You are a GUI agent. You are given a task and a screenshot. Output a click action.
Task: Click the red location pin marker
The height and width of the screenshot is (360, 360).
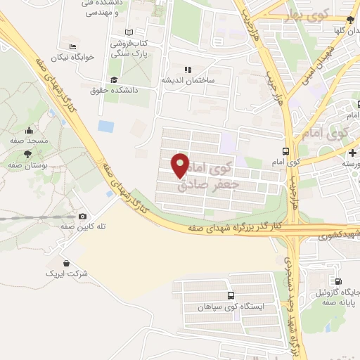click(x=181, y=165)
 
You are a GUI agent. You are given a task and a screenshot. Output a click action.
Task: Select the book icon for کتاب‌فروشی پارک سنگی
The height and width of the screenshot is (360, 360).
click(x=127, y=32)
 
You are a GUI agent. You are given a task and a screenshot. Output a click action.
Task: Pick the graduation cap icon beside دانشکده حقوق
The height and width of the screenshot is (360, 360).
click(x=114, y=80)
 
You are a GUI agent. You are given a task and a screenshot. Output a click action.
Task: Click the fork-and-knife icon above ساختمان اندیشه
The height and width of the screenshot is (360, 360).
click(x=187, y=70)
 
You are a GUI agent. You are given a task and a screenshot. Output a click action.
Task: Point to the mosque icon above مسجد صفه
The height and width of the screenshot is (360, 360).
click(x=29, y=131)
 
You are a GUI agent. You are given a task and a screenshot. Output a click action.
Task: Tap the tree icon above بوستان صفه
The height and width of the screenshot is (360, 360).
click(x=27, y=153)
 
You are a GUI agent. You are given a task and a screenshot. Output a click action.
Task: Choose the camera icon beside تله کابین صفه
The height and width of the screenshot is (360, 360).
click(x=83, y=217)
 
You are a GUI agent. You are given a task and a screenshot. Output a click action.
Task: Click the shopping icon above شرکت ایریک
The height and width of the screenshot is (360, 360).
click(x=66, y=262)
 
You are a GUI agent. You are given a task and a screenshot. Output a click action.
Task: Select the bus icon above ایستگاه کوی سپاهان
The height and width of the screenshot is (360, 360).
click(x=231, y=297)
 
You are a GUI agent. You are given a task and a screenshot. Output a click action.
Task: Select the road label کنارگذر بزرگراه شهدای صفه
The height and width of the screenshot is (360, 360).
click(x=236, y=226)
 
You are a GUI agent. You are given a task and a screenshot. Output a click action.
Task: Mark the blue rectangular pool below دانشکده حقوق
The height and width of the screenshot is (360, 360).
click(x=106, y=127)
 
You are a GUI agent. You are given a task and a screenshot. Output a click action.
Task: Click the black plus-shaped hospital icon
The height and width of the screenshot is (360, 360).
click(x=352, y=152)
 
